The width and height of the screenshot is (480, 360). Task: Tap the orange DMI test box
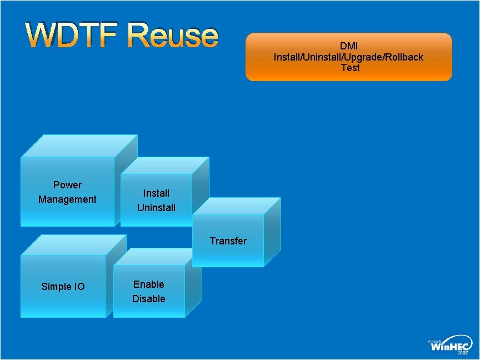349,57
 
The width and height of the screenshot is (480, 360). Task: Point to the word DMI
349,46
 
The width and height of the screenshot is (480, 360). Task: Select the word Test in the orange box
350,68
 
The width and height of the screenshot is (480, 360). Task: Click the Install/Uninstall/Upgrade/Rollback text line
348,57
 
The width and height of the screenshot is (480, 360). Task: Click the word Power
67,185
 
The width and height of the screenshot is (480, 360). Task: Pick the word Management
67,199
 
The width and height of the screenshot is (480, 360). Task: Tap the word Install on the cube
156,193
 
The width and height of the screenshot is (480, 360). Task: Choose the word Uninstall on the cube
156,208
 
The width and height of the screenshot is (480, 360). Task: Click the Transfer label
228,241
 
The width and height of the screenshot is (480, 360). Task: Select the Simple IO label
63,287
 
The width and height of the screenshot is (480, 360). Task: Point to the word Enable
148,284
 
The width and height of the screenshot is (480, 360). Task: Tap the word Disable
148,299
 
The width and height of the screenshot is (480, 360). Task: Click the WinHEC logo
450,344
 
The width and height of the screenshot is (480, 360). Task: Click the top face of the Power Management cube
79,146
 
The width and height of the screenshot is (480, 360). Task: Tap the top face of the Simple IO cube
72,244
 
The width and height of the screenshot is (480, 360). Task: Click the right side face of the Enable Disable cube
193,283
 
